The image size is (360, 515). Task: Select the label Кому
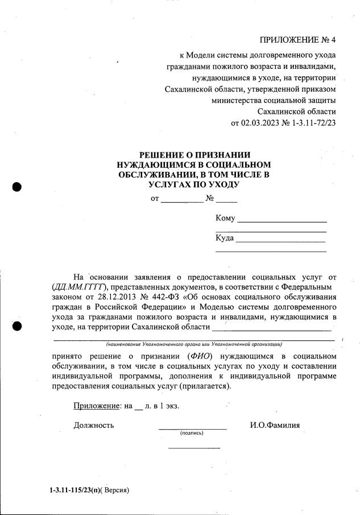point(225,219)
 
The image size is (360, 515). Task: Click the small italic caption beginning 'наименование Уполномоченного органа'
point(194,344)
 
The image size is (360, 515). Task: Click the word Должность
point(94,425)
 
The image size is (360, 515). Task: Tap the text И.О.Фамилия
point(275,425)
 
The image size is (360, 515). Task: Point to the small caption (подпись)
point(192,433)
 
